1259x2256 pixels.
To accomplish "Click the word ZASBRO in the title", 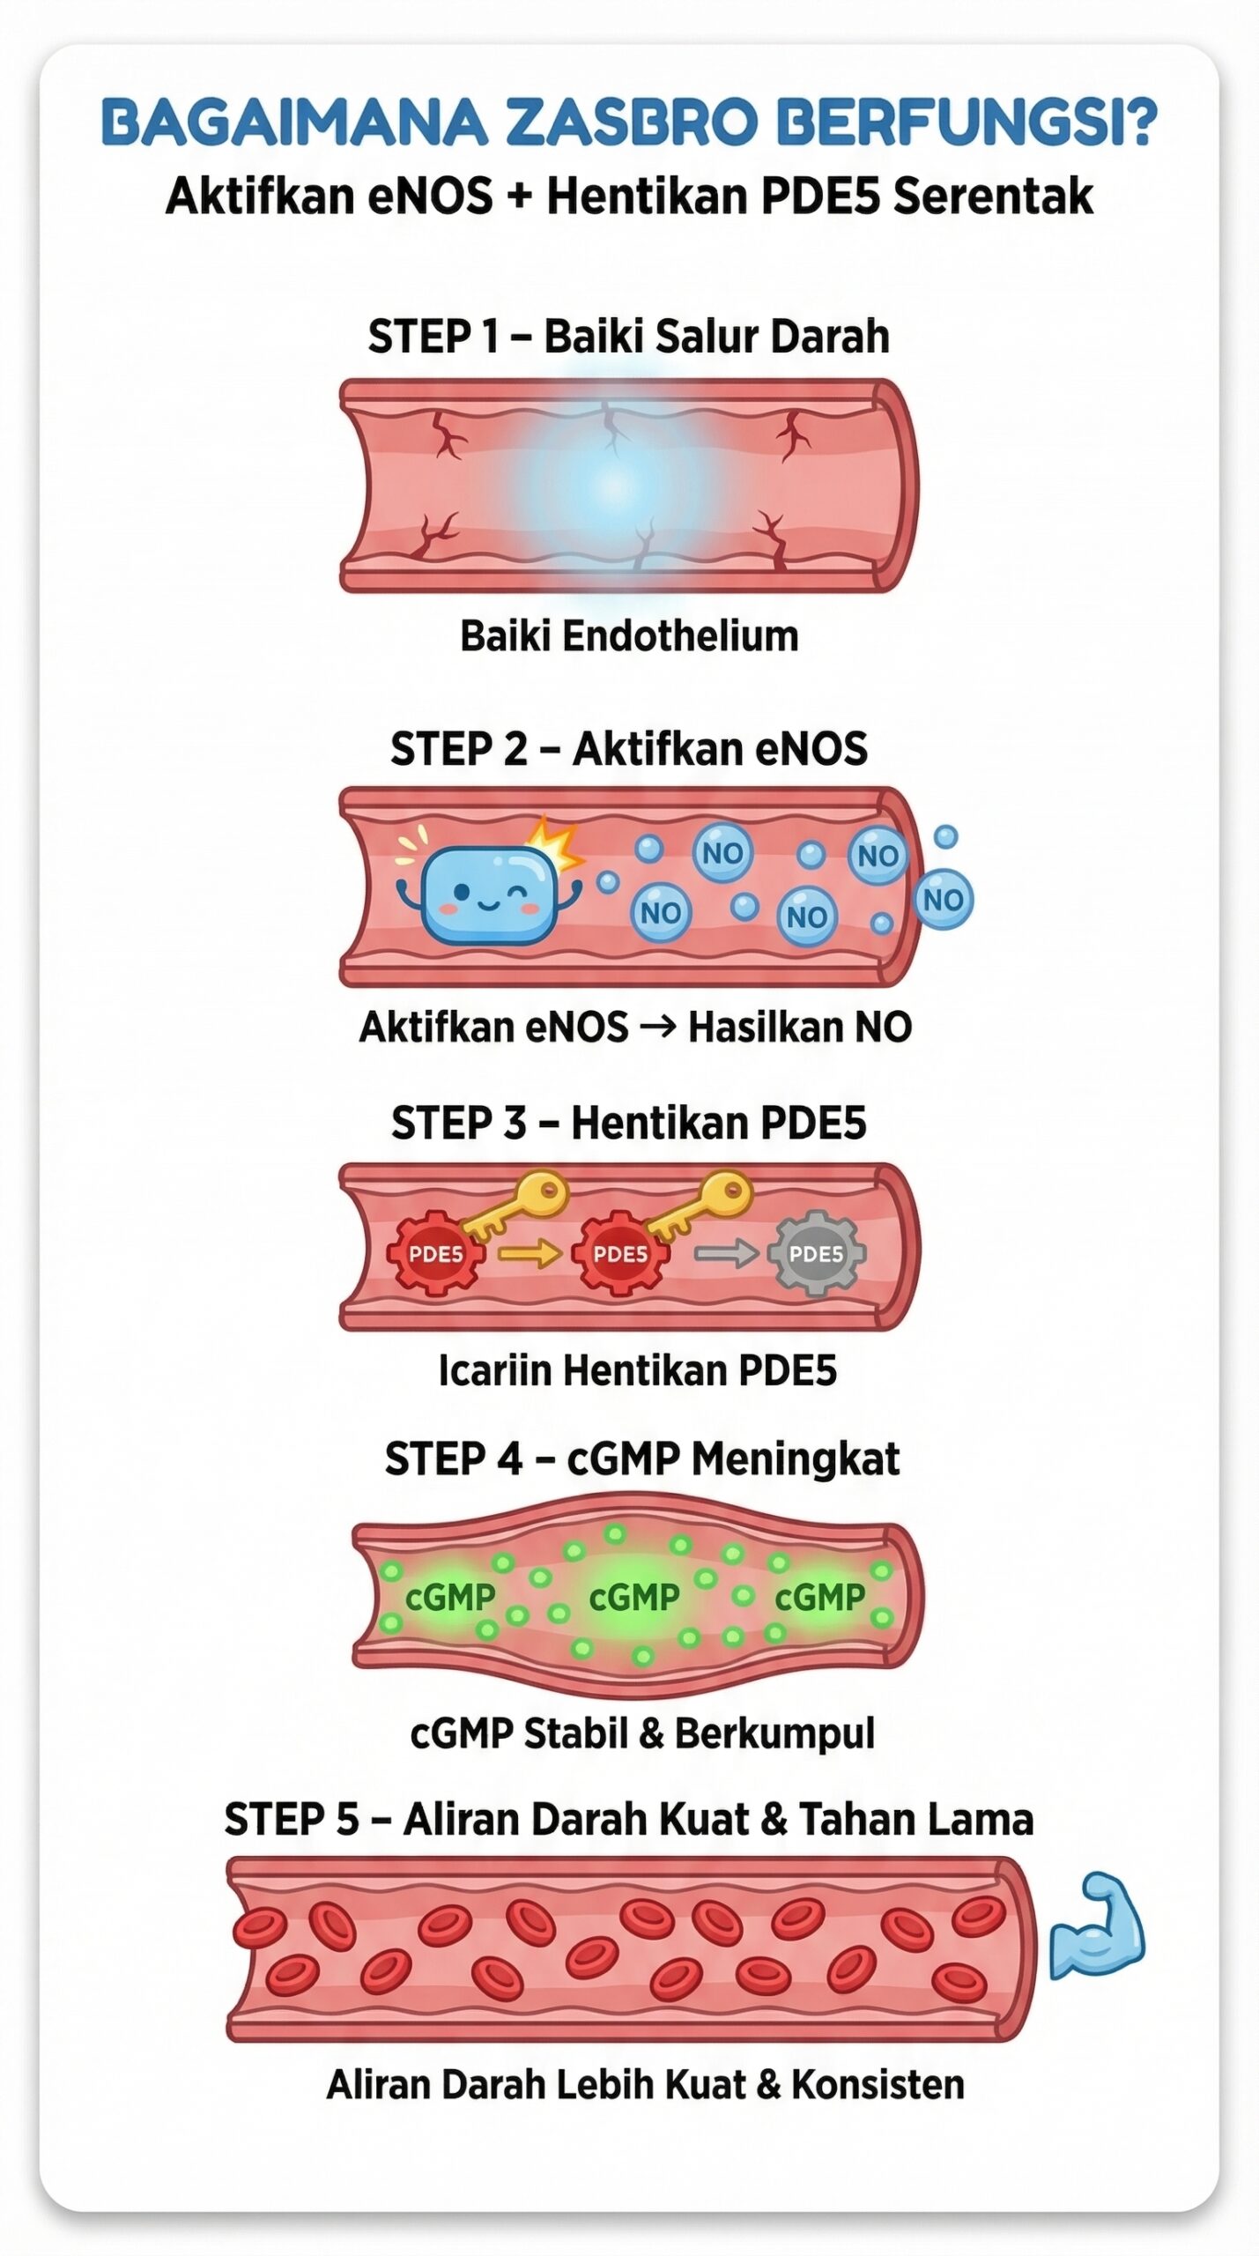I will point(630,122).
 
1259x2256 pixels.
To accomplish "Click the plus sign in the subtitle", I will point(520,196).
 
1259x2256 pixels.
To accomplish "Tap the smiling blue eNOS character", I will point(489,897).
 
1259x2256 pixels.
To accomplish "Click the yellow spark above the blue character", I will point(553,842).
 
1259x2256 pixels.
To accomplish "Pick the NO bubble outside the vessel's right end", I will point(943,900).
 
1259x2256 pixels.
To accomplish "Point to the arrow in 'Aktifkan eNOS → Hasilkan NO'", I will point(657,1026).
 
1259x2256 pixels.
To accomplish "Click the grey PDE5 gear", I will point(816,1253).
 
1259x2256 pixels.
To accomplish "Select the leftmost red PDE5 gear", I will point(435,1253).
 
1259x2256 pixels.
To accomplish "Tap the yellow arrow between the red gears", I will point(530,1252).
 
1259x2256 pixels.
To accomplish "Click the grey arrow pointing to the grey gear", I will point(725,1252).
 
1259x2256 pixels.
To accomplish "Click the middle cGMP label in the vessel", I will point(634,1597).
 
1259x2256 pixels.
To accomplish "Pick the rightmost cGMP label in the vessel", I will point(820,1597).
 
